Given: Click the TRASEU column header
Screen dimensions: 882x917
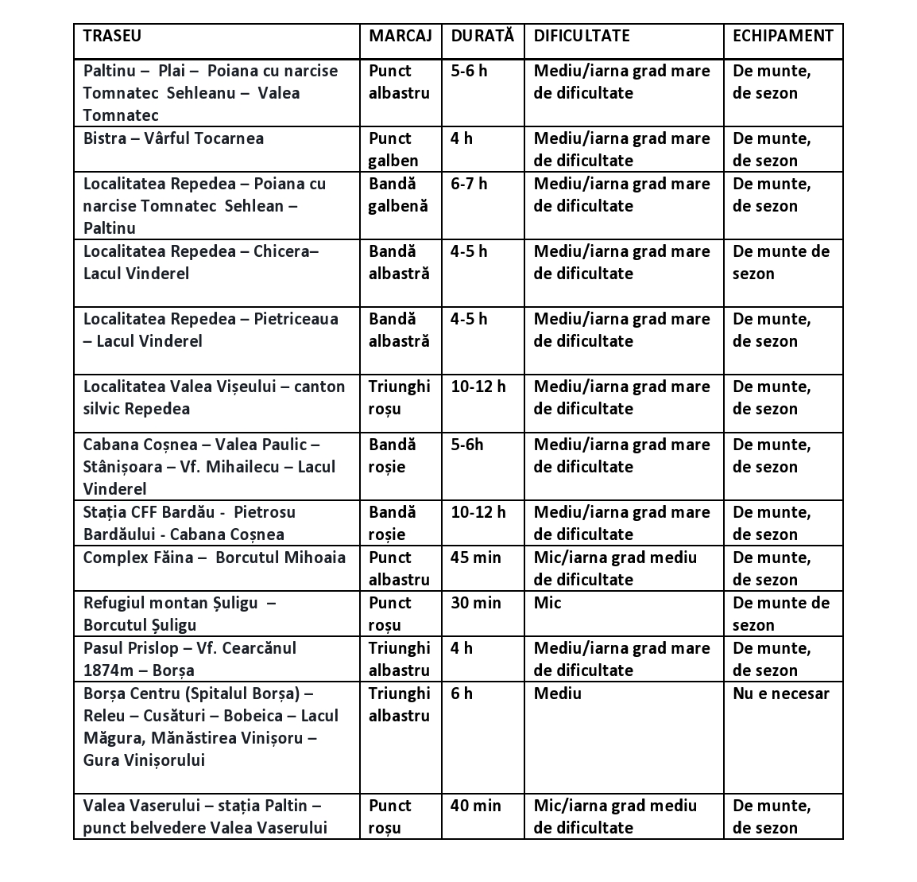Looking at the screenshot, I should [x=112, y=36].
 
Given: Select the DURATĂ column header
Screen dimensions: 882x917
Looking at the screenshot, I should [x=482, y=36].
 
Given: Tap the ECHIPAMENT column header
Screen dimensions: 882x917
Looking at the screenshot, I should [x=782, y=36].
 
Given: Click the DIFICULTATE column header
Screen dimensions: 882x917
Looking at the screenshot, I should [x=581, y=36].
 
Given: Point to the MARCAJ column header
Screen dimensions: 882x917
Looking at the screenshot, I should [x=400, y=36].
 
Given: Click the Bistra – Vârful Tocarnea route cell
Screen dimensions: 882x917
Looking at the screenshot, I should [x=173, y=138].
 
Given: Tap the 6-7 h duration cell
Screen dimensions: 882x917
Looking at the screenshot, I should [x=469, y=184].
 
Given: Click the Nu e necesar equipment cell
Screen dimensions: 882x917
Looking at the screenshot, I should [x=780, y=694].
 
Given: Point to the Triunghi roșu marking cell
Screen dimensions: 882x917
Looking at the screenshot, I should [x=399, y=398].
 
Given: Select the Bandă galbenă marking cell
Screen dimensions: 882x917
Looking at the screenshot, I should [x=398, y=195].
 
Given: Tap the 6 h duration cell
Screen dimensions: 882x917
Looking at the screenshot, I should [x=462, y=694].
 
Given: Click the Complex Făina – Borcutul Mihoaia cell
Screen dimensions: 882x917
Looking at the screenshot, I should [x=215, y=558].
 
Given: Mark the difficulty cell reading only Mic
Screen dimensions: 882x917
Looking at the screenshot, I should [x=547, y=603].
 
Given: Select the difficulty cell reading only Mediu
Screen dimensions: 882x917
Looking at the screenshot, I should [x=557, y=694].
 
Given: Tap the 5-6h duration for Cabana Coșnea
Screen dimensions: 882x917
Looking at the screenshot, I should [x=466, y=445].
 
